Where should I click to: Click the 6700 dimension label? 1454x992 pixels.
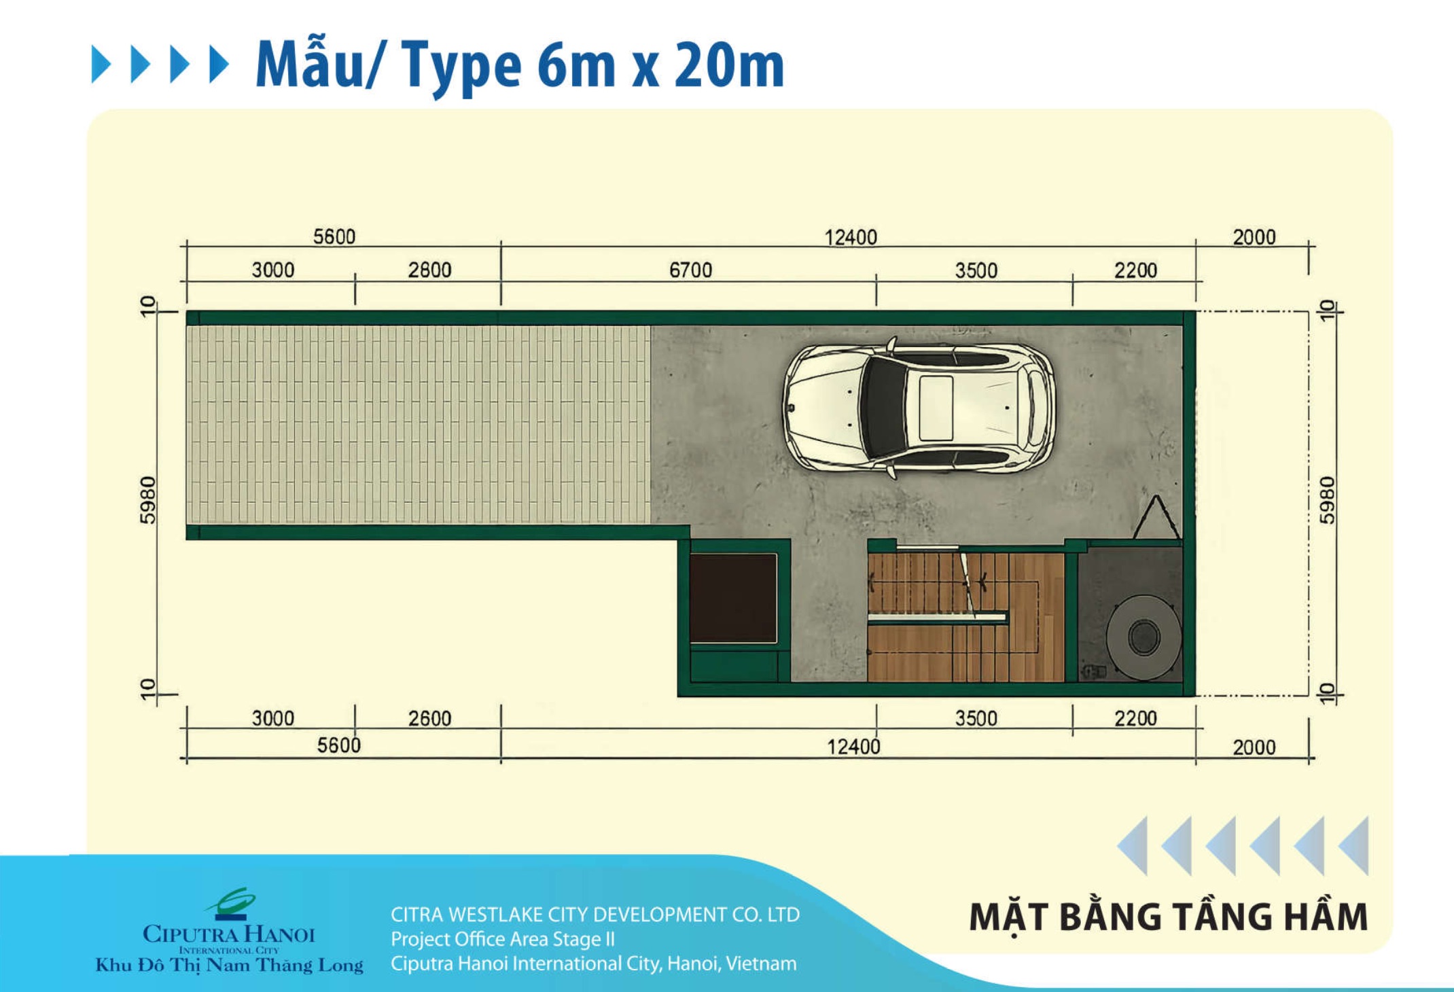(690, 270)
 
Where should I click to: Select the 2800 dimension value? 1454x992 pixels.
(429, 270)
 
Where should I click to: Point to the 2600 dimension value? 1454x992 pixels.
(429, 718)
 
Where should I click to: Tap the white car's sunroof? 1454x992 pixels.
(936, 408)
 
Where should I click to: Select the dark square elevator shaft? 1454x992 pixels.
(733, 598)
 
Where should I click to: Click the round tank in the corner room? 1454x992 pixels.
(1143, 637)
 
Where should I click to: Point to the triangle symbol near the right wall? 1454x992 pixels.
(1156, 518)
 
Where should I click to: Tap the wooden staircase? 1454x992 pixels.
(965, 616)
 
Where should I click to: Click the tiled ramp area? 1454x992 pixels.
(419, 425)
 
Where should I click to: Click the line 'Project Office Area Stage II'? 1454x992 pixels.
(503, 939)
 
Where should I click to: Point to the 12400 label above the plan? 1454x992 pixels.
(851, 237)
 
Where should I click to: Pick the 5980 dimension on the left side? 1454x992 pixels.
(148, 500)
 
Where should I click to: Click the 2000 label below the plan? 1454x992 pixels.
(1254, 747)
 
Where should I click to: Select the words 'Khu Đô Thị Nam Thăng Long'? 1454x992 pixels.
(229, 966)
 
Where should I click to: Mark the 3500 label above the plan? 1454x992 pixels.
(976, 270)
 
